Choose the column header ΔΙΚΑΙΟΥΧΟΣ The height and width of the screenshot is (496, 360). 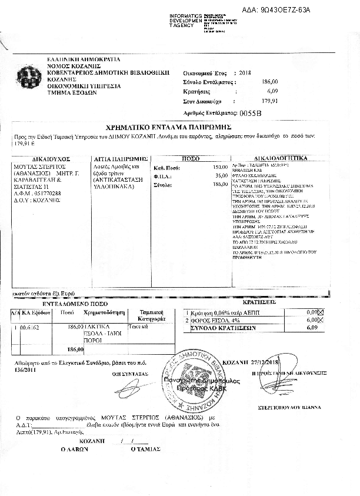(51, 159)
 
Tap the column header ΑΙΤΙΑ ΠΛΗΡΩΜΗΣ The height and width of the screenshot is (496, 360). (121, 159)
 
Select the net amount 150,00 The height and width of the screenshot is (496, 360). (220, 167)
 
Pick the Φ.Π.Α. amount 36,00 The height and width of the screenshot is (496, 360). (221, 175)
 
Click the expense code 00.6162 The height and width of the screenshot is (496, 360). (29, 325)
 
